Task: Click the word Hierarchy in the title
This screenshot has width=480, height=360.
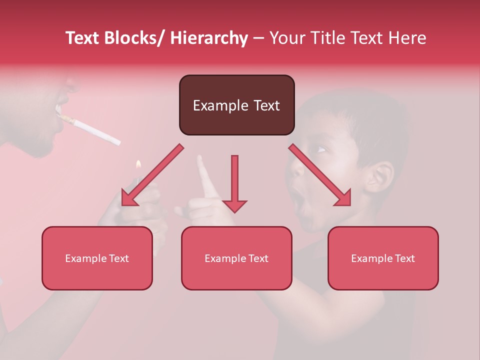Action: tap(209, 38)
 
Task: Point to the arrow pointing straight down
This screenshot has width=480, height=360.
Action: tap(234, 183)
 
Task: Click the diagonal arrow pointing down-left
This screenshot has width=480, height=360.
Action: tap(152, 175)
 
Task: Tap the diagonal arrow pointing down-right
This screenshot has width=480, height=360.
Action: tap(320, 175)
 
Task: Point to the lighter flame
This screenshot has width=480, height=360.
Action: tap(138, 164)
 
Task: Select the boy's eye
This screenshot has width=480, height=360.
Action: tap(320, 148)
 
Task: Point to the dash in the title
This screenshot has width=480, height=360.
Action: tap(258, 38)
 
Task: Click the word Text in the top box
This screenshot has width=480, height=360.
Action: tap(262, 105)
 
